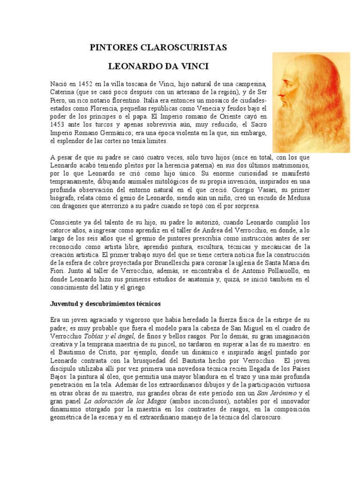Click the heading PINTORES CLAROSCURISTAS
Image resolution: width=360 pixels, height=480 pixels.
pos(158,47)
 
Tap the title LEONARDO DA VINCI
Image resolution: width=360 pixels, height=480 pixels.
pos(158,66)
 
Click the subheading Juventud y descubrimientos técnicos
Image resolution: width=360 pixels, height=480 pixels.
pos(106,304)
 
